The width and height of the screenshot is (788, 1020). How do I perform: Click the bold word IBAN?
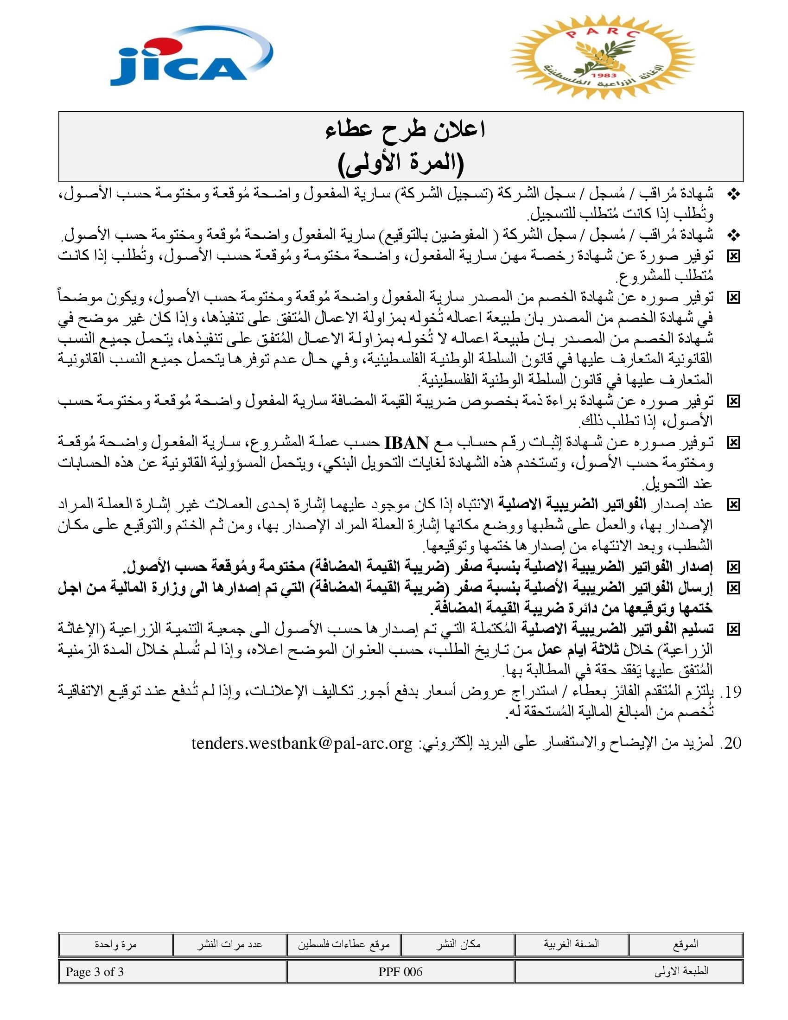pos(406,442)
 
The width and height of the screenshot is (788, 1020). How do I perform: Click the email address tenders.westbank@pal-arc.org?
pos(302,743)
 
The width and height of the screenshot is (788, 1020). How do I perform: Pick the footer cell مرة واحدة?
pos(115,945)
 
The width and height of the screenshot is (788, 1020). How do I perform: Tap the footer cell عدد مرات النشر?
pos(229,945)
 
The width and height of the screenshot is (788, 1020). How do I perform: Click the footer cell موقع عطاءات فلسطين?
pos(343,945)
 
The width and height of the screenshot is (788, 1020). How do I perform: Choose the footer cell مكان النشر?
pos(458,945)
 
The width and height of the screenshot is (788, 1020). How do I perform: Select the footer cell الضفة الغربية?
pos(572,945)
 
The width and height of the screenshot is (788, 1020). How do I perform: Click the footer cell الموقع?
pos(685,945)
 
